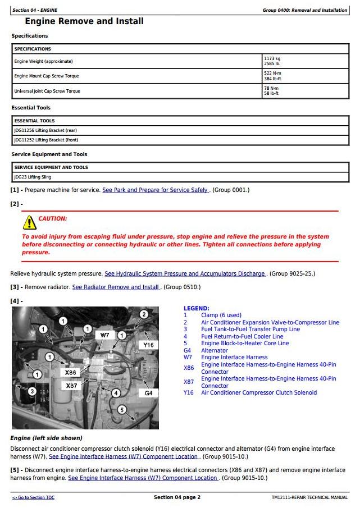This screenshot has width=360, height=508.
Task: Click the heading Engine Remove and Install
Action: click(x=84, y=21)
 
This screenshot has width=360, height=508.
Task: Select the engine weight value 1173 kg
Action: click(x=272, y=58)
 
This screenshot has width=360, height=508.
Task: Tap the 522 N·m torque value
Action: click(x=272, y=73)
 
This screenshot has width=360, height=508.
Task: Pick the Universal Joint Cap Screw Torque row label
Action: click(x=47, y=90)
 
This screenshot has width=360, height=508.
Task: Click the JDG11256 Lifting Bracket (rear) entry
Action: click(x=45, y=130)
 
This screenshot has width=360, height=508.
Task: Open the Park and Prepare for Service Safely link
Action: click(x=156, y=190)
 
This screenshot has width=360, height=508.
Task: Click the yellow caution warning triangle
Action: click(x=29, y=223)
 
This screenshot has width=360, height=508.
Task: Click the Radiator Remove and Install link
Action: click(x=116, y=287)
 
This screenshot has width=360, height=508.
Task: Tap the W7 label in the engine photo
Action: click(x=104, y=335)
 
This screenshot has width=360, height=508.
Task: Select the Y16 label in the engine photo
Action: click(x=148, y=345)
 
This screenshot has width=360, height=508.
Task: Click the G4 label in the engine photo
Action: click(x=148, y=393)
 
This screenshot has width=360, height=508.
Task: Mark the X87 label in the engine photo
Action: click(x=71, y=386)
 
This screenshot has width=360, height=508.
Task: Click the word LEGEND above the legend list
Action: click(x=196, y=308)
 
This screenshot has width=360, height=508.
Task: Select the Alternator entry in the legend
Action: click(x=215, y=350)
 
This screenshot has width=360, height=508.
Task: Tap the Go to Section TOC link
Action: click(x=33, y=497)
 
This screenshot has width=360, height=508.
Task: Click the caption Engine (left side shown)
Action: click(x=46, y=438)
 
